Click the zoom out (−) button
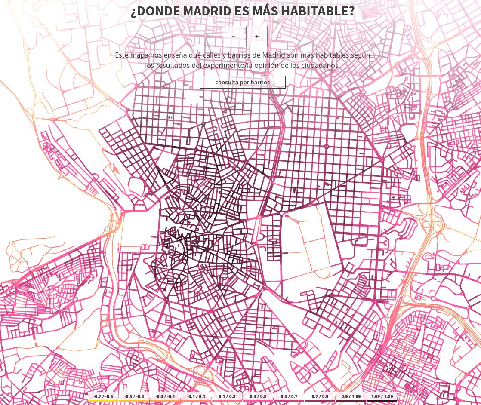pos(234,37)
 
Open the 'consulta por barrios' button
pos(243,82)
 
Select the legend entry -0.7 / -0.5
pos(103,396)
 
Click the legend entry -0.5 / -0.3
pos(134,396)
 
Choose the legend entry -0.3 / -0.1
pos(165,396)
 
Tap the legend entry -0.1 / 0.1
pos(196,396)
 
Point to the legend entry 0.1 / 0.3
pos(227,396)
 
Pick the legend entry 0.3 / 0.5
pos(258,396)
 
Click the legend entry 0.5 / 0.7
pos(289,396)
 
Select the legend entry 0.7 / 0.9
pos(320,396)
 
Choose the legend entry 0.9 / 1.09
pos(351,396)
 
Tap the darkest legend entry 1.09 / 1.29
pos(382,396)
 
